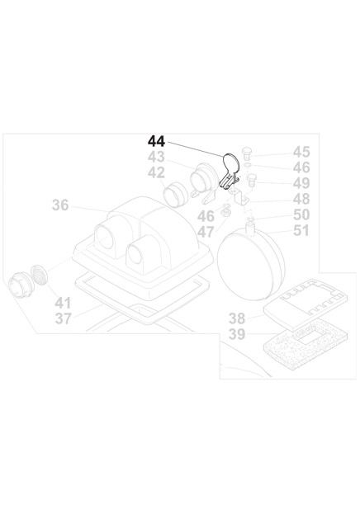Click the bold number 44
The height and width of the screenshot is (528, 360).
click(x=156, y=141)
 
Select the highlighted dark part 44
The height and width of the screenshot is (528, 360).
click(x=230, y=171)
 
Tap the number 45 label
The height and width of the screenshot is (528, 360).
click(x=301, y=152)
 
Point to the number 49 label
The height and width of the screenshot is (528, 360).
click(x=301, y=183)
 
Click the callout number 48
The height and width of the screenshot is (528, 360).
click(x=301, y=199)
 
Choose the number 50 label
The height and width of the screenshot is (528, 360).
click(x=301, y=214)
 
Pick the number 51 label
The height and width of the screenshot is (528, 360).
click(x=301, y=231)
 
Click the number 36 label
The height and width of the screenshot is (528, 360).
click(x=60, y=205)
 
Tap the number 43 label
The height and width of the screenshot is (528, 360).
click(x=156, y=157)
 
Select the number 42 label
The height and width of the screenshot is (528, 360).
click(x=156, y=172)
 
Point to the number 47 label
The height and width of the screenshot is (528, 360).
click(x=206, y=232)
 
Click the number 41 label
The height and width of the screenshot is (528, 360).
click(x=63, y=303)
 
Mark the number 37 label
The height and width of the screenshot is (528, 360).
click(x=63, y=318)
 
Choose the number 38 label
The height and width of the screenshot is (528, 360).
click(x=237, y=318)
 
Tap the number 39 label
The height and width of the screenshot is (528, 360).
click(x=237, y=334)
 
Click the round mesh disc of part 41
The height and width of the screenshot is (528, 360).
click(x=39, y=275)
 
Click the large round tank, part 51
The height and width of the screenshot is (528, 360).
click(x=251, y=262)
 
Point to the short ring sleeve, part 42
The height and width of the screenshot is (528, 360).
click(x=176, y=196)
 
